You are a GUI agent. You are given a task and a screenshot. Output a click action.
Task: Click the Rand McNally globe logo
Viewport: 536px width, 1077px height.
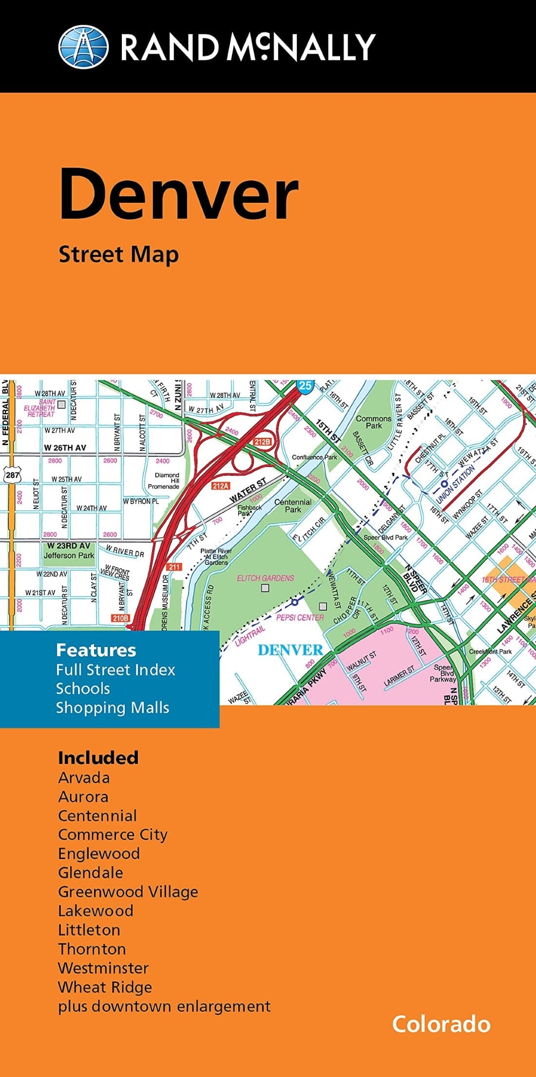83,47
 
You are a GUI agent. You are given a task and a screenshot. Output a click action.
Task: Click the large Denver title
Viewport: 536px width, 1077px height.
178,194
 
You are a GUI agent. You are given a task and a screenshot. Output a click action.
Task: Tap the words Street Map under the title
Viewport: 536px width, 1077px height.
118,255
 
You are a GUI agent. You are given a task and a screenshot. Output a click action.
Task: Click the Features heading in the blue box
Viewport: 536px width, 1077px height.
96,650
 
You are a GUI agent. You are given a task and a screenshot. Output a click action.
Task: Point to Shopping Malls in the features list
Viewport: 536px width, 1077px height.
113,707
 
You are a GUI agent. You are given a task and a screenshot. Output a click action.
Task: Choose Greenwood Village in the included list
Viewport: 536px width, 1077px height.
128,892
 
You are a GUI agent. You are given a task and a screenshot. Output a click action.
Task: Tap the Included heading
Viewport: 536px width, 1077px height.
98,758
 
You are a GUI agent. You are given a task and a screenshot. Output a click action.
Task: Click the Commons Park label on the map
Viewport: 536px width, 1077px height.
374,422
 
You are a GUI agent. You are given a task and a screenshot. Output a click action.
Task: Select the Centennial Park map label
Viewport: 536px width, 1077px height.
293,506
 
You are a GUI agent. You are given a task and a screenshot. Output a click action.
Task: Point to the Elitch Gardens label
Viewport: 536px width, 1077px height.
266,578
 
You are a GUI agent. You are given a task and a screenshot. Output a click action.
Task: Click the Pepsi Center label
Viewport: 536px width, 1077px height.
300,617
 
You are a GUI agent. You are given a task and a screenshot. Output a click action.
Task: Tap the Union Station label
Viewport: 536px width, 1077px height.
455,484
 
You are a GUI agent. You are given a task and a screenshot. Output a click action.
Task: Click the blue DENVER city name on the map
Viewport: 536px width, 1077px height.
290,650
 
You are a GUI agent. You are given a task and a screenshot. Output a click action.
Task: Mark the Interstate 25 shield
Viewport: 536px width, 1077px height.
305,386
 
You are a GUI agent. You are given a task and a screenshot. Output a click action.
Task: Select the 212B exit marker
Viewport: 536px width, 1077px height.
262,442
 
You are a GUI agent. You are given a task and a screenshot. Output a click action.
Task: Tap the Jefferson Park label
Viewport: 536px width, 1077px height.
69,555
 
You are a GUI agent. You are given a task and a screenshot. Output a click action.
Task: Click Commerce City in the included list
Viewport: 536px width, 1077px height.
113,835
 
